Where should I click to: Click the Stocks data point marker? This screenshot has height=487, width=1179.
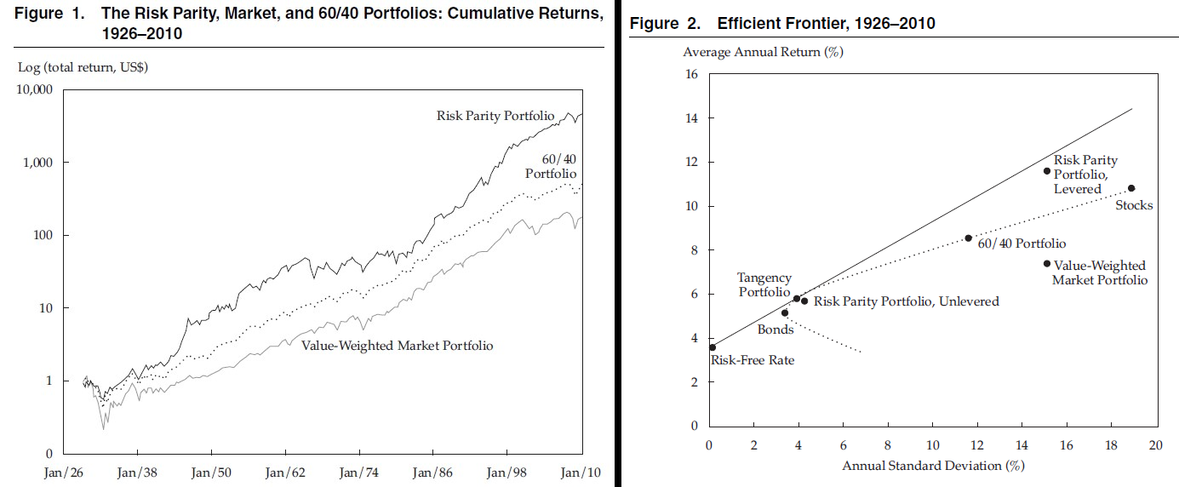point(1131,188)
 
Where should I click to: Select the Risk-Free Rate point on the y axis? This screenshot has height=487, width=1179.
point(713,347)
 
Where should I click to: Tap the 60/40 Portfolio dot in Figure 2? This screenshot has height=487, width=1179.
point(968,238)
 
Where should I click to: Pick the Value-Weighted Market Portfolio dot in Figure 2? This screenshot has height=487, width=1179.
point(1046,264)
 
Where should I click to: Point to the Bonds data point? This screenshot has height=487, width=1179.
point(785,313)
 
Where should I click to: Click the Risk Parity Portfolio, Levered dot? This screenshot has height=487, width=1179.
point(1047,171)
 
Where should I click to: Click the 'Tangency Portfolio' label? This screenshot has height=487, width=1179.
point(764,285)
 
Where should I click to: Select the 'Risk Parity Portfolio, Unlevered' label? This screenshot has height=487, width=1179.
point(906,301)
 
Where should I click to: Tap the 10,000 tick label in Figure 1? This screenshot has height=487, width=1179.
point(35,89)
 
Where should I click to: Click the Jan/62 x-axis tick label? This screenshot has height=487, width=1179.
point(287,472)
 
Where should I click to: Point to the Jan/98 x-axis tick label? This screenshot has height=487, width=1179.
point(508,472)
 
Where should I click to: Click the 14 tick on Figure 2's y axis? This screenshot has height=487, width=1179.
point(691,118)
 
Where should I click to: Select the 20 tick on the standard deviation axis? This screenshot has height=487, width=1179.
point(1155,445)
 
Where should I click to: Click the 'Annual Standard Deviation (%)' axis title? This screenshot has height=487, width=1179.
point(932,466)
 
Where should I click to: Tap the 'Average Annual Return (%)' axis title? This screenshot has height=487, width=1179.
point(763,52)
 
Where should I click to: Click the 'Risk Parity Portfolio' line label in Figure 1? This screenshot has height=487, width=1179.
point(495,116)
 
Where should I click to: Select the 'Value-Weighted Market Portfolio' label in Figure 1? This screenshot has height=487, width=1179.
point(398,346)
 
